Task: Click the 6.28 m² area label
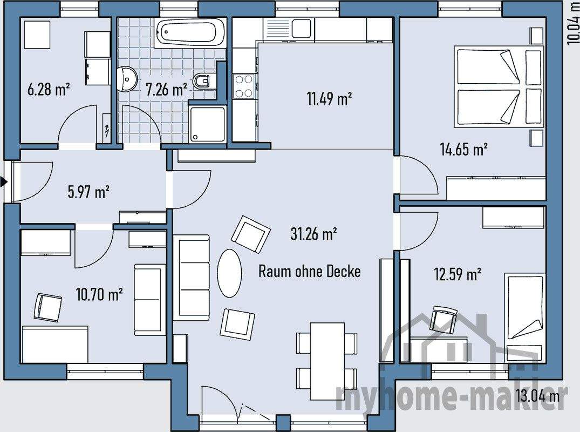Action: [x=49, y=89]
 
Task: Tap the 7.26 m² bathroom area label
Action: [x=167, y=89]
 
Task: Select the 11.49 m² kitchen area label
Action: [x=329, y=98]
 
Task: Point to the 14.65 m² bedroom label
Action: [x=463, y=149]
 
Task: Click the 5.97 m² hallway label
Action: [x=88, y=192]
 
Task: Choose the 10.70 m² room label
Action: [x=99, y=294]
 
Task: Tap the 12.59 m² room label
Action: [x=458, y=275]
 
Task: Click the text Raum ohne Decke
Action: [x=309, y=271]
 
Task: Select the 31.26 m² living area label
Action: [x=313, y=234]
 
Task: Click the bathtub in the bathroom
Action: [x=190, y=32]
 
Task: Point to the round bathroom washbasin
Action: [x=127, y=78]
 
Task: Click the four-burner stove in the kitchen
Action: [x=244, y=86]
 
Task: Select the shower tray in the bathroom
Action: [x=207, y=124]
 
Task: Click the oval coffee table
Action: [x=229, y=273]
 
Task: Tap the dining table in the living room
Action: [x=327, y=361]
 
